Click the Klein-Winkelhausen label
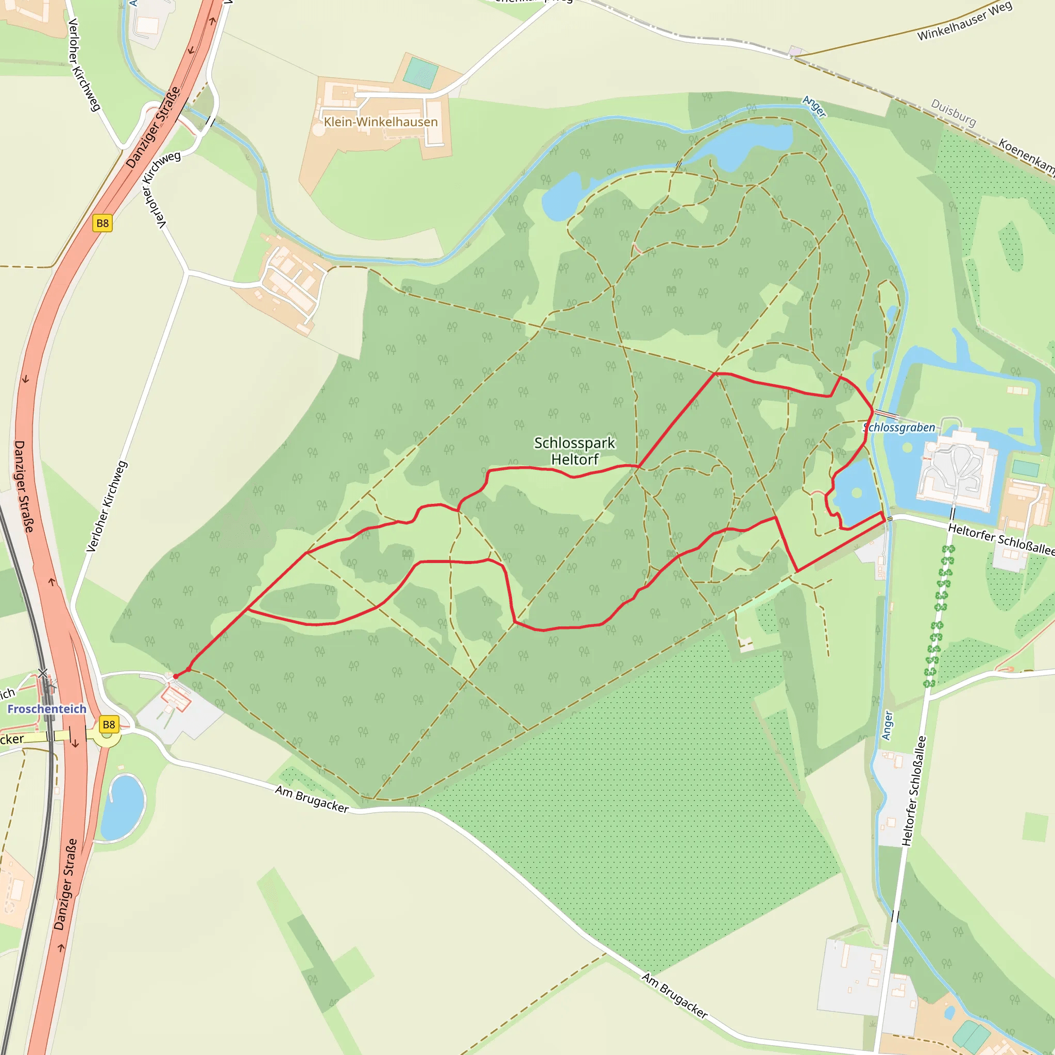[381, 122]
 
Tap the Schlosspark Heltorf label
[574, 451]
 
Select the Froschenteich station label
[47, 709]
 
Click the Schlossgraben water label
[899, 428]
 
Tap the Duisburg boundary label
[954, 112]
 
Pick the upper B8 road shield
[103, 223]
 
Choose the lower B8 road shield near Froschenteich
[109, 725]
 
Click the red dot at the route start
[176, 676]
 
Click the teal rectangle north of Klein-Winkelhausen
[420, 73]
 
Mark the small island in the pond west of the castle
[857, 493]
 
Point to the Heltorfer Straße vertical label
[915, 791]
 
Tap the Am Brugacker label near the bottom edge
[675, 995]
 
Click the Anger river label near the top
[814, 107]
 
